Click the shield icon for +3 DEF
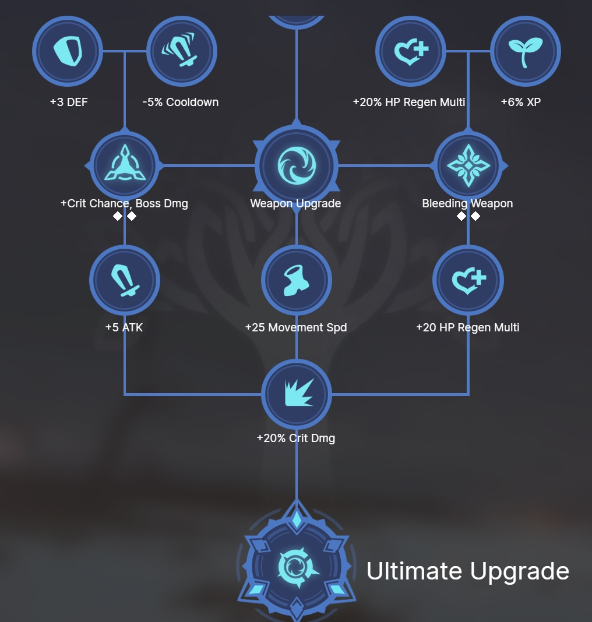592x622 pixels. (x=68, y=51)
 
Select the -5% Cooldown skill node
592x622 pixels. (x=182, y=51)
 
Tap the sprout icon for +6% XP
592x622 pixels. (x=526, y=51)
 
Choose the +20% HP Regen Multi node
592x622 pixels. (x=411, y=51)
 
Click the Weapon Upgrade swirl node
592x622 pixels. (x=297, y=165)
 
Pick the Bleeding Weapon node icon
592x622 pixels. (x=468, y=165)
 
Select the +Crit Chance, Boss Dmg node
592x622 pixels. (x=125, y=165)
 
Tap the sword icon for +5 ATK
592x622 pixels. (x=125, y=280)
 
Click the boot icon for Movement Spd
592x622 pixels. (x=297, y=280)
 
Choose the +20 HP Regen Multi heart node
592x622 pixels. (x=468, y=280)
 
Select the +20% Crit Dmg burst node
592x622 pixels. (x=297, y=394)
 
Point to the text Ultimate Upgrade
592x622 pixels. (x=467, y=571)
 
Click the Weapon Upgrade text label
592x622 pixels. (x=295, y=203)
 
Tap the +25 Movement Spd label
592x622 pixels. (x=296, y=327)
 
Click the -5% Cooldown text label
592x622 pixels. (x=181, y=102)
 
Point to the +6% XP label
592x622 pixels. (x=521, y=102)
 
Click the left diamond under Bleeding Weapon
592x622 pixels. (x=461, y=216)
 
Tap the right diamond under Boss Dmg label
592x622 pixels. (x=132, y=216)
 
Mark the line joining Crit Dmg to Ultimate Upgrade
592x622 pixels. (x=297, y=472)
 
